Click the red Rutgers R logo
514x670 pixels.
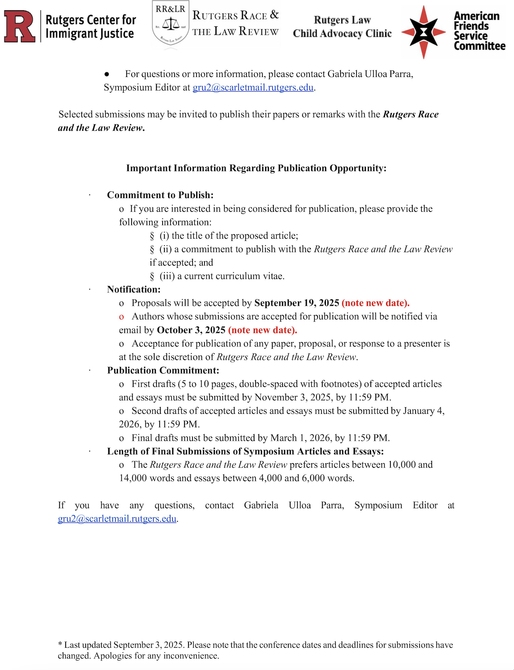click(20, 26)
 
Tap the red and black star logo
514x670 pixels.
click(423, 32)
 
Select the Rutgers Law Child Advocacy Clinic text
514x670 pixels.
click(342, 27)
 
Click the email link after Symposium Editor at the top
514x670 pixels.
click(253, 88)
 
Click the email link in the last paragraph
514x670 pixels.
click(117, 519)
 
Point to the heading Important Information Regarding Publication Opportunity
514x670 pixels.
click(256, 168)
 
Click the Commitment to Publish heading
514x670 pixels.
click(160, 195)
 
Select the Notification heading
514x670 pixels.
click(134, 289)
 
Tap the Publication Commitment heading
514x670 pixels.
click(163, 370)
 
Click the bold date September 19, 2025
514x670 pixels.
click(297, 303)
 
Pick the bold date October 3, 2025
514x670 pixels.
click(191, 330)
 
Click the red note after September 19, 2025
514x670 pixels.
click(375, 303)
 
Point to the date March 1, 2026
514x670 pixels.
click(301, 438)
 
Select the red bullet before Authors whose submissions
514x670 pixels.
click(121, 317)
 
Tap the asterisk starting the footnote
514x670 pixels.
click(60, 645)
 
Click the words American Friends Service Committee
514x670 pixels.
click(479, 31)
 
